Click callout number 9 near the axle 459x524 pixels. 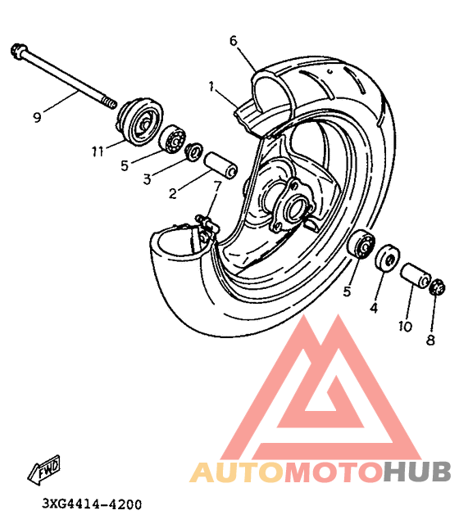(37, 117)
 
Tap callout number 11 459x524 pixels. (98, 152)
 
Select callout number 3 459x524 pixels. (147, 179)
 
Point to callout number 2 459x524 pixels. (173, 193)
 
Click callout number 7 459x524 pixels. (217, 186)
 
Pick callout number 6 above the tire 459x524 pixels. (233, 41)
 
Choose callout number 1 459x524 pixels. (211, 87)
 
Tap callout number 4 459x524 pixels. (374, 308)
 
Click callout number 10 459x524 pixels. (405, 326)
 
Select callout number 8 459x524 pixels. (430, 340)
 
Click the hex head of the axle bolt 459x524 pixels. (18, 51)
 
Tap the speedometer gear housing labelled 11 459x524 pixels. (140, 122)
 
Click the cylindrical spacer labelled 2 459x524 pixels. (220, 165)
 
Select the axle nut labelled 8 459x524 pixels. (437, 287)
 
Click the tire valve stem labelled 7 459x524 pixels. (207, 224)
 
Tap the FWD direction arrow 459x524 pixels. (44, 469)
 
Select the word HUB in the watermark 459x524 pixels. (417, 472)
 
